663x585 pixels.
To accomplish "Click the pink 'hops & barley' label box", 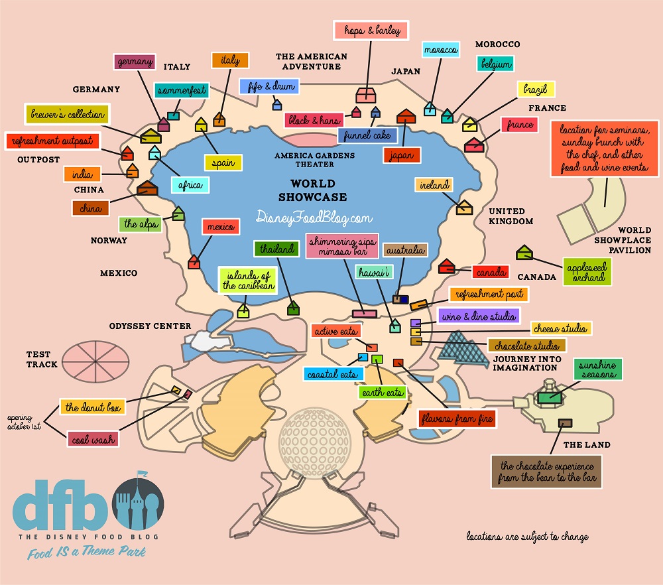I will (369, 31).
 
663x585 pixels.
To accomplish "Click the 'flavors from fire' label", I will (457, 419).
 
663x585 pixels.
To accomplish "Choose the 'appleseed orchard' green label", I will (585, 271).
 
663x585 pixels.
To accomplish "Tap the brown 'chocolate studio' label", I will (527, 346).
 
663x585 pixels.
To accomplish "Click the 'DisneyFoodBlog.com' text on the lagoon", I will (314, 217).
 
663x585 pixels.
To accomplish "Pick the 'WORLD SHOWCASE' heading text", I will (312, 190).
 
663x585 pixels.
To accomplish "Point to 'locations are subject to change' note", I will (527, 536).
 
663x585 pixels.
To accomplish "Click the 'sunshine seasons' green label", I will (597, 370).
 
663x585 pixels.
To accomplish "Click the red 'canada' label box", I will (491, 273).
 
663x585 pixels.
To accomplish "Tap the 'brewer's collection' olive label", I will (67, 114).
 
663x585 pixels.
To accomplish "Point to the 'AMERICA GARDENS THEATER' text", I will (315, 160).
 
